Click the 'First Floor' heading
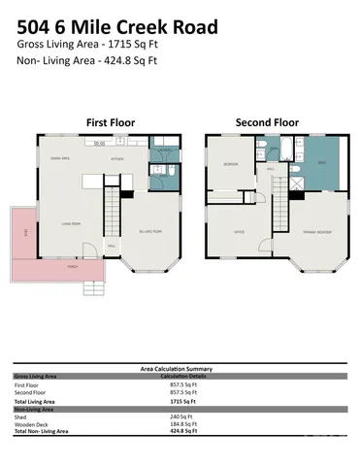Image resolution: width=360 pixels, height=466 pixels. click(x=111, y=123)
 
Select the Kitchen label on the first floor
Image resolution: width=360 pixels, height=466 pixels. click(x=117, y=158)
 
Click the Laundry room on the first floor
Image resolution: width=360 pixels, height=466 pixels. click(x=165, y=152)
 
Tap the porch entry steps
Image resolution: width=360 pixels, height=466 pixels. click(x=94, y=286)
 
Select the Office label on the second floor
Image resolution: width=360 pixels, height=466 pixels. click(x=238, y=233)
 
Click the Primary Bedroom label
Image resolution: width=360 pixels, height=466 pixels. click(x=313, y=233)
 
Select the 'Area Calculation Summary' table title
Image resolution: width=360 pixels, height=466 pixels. click(x=180, y=369)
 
